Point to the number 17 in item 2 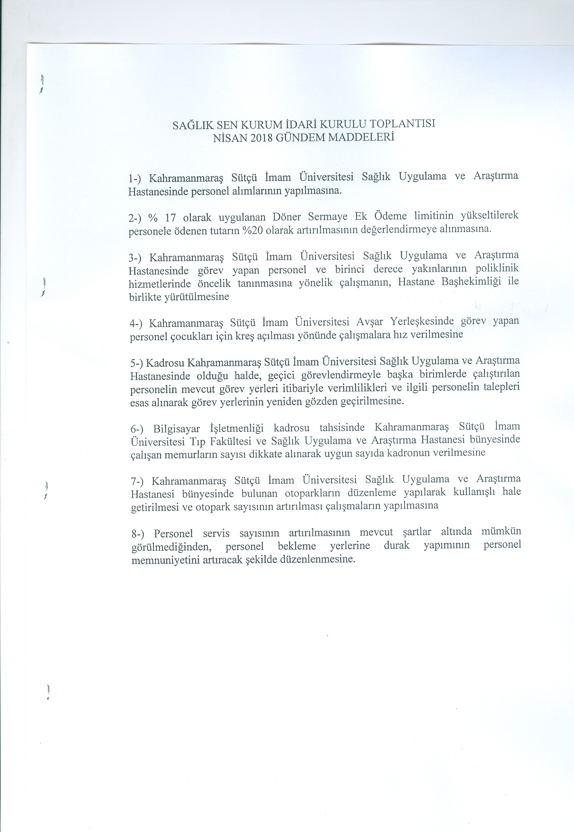coord(169,218)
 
